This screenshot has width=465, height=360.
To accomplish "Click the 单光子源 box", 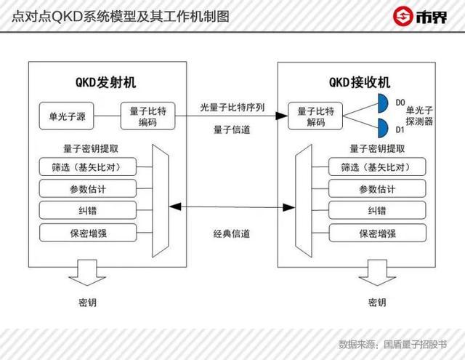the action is [x=66, y=116].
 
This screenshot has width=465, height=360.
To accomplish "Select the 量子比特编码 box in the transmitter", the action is [x=147, y=116].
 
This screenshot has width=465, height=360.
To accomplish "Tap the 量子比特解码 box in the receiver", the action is [x=315, y=116].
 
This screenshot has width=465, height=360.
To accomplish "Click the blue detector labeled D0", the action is [x=383, y=103].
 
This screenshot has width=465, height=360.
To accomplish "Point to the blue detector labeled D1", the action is [x=383, y=128].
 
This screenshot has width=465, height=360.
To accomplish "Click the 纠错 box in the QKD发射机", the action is [x=88, y=210].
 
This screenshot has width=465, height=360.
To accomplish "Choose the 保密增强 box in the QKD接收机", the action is [x=377, y=233].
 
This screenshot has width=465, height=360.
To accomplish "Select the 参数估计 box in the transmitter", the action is [x=88, y=188].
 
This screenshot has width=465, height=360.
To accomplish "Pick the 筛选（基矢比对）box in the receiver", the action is [x=377, y=167].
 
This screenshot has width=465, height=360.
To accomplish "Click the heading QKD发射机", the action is [x=106, y=82].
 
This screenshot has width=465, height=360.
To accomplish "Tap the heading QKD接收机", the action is [x=360, y=82].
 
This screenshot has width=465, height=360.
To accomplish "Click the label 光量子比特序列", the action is [x=232, y=107].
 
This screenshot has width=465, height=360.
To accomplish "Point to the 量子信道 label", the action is [x=232, y=129].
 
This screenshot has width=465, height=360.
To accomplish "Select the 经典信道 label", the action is [x=232, y=234].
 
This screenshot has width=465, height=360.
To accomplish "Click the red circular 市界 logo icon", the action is [x=403, y=16].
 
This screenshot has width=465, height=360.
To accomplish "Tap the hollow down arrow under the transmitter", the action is [x=87, y=273].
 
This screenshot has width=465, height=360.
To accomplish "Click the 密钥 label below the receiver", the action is [x=377, y=303].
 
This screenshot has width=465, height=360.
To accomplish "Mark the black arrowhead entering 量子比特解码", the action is [x=282, y=116].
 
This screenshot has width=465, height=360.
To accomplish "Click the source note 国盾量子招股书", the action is [x=415, y=344].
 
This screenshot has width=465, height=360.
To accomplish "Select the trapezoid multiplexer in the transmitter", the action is [x=161, y=201].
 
